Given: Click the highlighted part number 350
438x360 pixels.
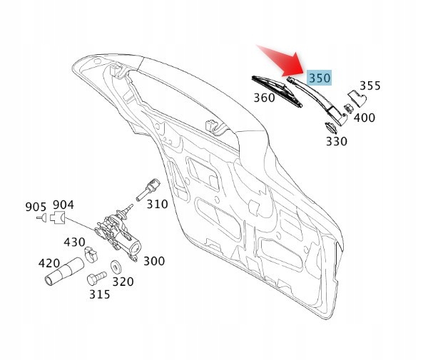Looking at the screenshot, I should pyautogui.click(x=320, y=78).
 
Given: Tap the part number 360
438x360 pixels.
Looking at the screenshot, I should pyautogui.click(x=264, y=98).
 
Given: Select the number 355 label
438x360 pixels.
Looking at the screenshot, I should pyautogui.click(x=370, y=86).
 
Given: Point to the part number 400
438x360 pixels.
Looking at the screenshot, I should pyautogui.click(x=365, y=117).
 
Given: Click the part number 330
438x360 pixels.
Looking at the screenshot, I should pyautogui.click(x=336, y=141).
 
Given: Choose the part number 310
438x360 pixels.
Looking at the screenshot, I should pyautogui.click(x=157, y=204).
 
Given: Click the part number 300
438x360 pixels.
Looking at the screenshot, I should pyautogui.click(x=153, y=261).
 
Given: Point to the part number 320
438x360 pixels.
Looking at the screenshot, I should pyautogui.click(x=123, y=282).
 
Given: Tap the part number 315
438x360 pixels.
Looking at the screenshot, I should pyautogui.click(x=99, y=294).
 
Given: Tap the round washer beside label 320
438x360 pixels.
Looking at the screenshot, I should pyautogui.click(x=114, y=269).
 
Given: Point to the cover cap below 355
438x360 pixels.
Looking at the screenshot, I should pyautogui.click(x=354, y=100).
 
